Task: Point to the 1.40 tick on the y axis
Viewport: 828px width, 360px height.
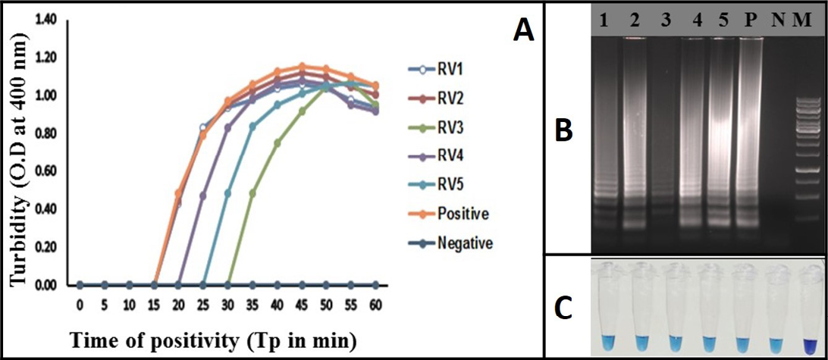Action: pyautogui.click(x=46, y=19)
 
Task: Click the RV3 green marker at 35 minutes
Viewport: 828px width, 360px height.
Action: pyautogui.click(x=252, y=193)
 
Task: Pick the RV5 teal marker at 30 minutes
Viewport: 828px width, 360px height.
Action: pyautogui.click(x=227, y=193)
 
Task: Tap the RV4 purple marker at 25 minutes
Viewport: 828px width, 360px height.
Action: pyautogui.click(x=203, y=196)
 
